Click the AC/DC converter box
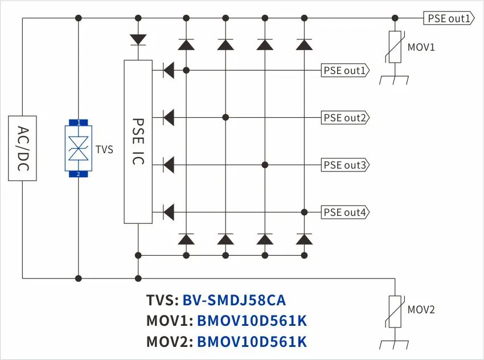coord(23,148)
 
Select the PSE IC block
coord(138,142)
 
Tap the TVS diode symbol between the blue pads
coord(79,148)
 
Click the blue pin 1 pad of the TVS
coord(79,122)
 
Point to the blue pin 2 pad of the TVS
coord(79,174)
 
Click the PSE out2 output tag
coord(345,118)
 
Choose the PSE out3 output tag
coord(345,165)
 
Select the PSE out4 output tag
coord(345,212)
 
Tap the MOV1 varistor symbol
coord(395,48)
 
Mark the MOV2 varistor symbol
coord(395,311)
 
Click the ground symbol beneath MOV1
coord(395,80)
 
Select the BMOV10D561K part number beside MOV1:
coord(252,321)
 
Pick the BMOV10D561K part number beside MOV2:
coord(252,341)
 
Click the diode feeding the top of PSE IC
coord(138,39)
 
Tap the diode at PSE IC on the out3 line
coord(168,165)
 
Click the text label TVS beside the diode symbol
coord(104,150)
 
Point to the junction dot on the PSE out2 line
coord(225,117)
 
